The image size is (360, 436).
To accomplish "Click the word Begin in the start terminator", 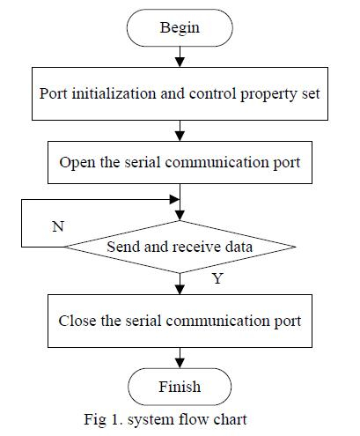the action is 180,28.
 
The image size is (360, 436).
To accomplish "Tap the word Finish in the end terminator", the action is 180,387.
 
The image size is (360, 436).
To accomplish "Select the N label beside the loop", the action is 58,226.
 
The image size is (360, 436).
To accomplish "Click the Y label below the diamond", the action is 217,278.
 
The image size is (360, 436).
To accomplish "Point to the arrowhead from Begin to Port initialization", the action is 180,63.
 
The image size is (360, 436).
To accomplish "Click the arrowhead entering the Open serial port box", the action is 180,137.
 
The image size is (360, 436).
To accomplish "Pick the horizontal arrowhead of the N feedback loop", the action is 174,200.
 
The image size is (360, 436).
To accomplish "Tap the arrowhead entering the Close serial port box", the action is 180,290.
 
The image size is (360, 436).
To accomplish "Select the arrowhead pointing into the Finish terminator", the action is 180,364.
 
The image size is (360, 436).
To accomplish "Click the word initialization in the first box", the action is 114,93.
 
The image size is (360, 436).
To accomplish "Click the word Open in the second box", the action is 77,163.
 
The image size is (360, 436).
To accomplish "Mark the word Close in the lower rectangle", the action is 77,321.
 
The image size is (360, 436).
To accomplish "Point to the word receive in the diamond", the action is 196,247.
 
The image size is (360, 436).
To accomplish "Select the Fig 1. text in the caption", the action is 103,419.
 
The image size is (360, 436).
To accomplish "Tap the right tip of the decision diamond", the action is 295,247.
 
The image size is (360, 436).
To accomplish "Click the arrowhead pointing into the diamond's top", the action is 180,216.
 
